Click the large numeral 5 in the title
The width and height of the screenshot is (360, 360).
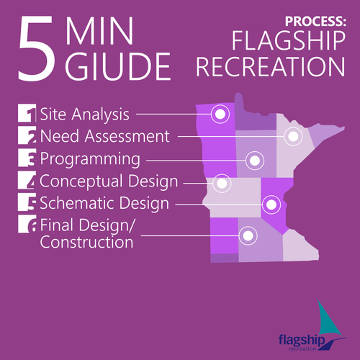tap(37, 49)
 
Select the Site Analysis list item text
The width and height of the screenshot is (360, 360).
tap(85, 113)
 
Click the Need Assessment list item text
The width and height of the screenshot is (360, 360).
tap(105, 135)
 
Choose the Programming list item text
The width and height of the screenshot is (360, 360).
tap(89, 158)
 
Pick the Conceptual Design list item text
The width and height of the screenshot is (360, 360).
tap(109, 181)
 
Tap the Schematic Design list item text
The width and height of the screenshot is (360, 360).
tap(104, 203)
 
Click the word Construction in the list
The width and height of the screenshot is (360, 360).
tap(86, 243)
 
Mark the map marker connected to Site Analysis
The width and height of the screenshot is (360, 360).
tap(220, 113)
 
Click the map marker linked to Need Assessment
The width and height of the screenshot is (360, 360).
tap(292, 135)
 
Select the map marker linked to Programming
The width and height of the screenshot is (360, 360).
tap(253, 160)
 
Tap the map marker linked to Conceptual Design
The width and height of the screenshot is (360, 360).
tap(222, 184)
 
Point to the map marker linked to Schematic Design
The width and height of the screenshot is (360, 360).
tap(271, 204)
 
